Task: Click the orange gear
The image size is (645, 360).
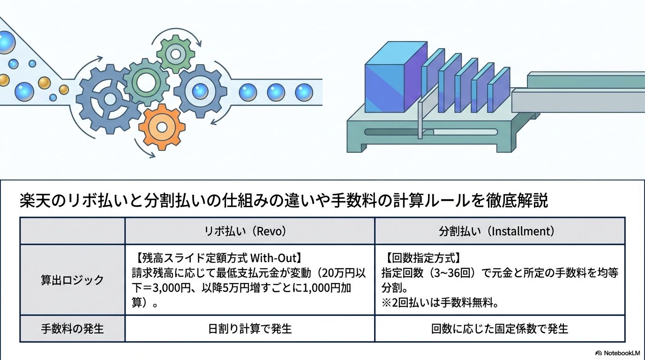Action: point(162,127)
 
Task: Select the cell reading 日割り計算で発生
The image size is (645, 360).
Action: point(249,329)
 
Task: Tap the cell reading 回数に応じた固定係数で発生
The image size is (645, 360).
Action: point(500,329)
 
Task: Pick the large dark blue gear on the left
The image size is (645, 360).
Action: point(109,99)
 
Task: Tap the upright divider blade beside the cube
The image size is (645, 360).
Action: point(420,120)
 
